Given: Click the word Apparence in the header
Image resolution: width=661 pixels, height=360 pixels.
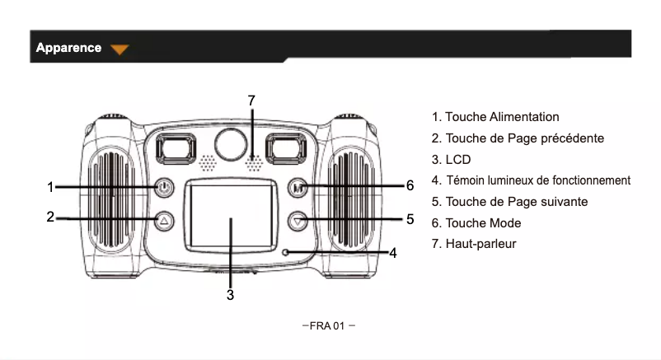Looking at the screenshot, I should (68, 48).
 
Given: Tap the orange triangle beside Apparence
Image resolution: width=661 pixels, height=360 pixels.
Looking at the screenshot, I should (120, 49).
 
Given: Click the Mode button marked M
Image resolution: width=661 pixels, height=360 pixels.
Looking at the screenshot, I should (298, 187).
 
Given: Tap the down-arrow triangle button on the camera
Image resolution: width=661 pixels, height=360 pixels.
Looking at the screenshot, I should (298, 220).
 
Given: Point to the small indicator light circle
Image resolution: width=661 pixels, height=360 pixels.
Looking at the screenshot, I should (285, 252).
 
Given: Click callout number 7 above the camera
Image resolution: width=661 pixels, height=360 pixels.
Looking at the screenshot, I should (251, 100).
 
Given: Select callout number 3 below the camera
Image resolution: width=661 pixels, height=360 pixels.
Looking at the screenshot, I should (231, 294).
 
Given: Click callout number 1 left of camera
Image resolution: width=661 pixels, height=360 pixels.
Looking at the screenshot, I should (50, 187).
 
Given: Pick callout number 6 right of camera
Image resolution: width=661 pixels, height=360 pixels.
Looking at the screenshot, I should (410, 185).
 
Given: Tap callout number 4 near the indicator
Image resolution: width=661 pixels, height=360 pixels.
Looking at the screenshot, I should (393, 253).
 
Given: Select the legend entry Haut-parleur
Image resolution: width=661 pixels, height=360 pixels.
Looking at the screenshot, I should (481, 244).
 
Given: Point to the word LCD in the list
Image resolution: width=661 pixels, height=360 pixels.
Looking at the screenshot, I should (457, 159).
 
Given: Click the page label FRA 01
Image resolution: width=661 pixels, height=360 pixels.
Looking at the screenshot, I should (330, 325).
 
